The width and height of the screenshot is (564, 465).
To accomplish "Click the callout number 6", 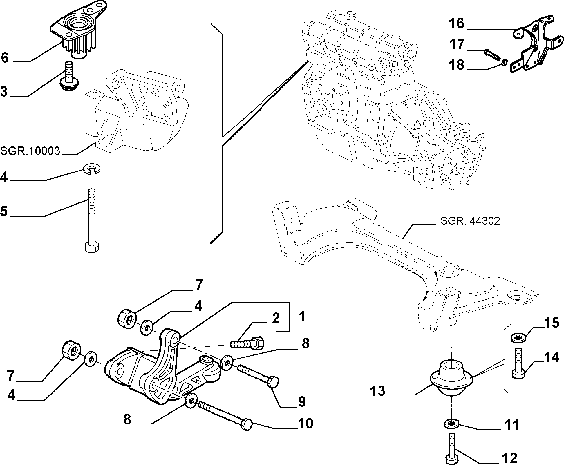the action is (x=5, y=58).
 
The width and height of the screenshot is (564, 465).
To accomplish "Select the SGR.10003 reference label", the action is (x=30, y=151).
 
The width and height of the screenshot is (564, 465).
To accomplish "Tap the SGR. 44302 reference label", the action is (x=470, y=221).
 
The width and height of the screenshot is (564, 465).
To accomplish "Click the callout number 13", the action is (x=377, y=391).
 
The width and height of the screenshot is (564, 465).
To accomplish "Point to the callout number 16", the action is (x=457, y=23).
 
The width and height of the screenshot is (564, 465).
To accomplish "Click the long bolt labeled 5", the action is (x=92, y=220).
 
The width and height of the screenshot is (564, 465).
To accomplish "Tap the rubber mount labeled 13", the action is (x=451, y=377).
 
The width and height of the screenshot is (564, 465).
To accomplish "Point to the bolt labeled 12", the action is (x=451, y=451).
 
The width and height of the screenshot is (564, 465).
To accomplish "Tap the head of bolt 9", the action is (x=273, y=381).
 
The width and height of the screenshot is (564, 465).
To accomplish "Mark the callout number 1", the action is (x=302, y=316).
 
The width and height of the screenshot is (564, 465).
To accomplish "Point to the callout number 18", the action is (x=457, y=65).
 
